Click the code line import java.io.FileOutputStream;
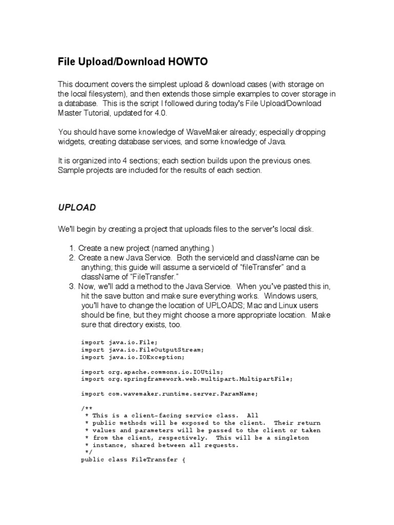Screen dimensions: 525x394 click(x=142, y=350)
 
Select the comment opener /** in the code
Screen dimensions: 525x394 click(x=85, y=408)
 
